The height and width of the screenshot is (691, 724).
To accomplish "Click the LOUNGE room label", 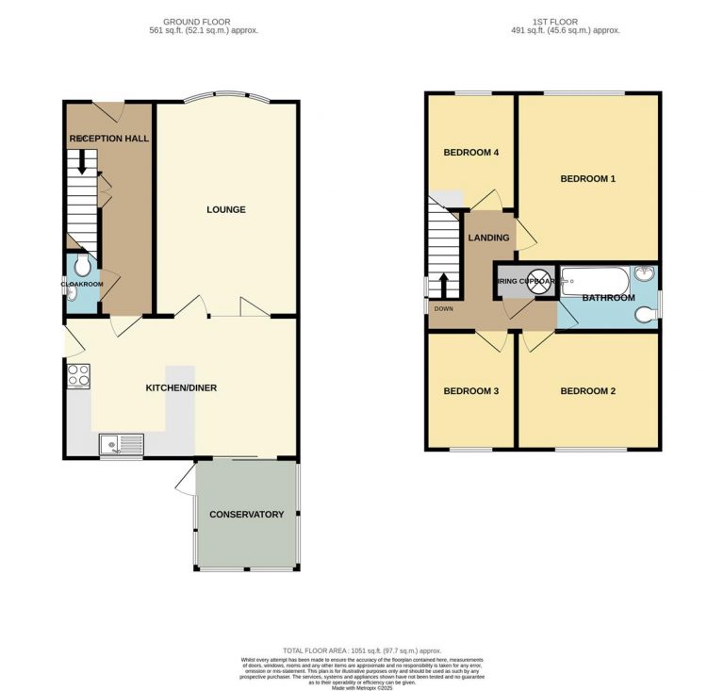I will pyautogui.click(x=226, y=209).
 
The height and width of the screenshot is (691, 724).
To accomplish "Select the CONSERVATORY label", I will pyautogui.click(x=246, y=514).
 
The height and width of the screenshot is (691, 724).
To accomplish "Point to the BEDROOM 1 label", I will pyautogui.click(x=587, y=178).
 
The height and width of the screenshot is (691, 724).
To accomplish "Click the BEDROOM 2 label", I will pyautogui.click(x=587, y=391).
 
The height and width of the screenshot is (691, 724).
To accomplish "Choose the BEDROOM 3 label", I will pyautogui.click(x=470, y=391).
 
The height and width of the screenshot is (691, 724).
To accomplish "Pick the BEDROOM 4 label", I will pyautogui.click(x=470, y=153).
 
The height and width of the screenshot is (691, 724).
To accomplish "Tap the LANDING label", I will pyautogui.click(x=488, y=238).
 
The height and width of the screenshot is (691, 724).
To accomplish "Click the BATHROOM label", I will pyautogui.click(x=608, y=298).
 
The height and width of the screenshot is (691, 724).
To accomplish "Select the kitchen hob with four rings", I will pyautogui.click(x=78, y=375).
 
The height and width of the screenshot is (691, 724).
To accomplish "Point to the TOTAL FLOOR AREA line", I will pyautogui.click(x=362, y=650).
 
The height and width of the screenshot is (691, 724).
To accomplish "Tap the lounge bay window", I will pyautogui.click(x=226, y=94).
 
